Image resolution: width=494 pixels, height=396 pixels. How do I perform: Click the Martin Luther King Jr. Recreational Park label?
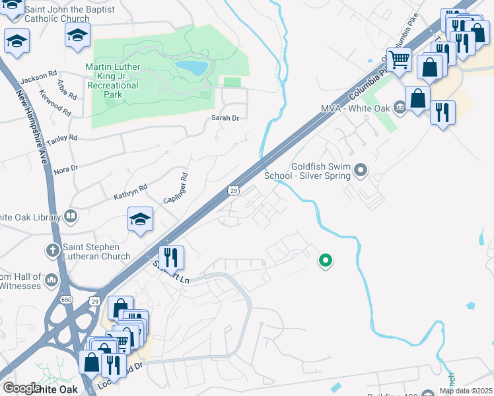(112, 81)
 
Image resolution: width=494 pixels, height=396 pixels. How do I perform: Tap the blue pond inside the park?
(191, 68)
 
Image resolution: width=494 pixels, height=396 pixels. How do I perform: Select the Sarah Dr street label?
(225, 118)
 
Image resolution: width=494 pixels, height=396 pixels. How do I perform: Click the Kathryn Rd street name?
(129, 191)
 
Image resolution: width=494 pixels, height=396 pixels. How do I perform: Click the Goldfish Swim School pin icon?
(361, 171)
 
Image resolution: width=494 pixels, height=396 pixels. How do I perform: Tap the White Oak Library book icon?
(70, 216)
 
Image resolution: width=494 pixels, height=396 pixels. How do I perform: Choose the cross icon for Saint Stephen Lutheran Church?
(53, 251)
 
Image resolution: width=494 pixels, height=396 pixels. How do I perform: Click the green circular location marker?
(325, 261)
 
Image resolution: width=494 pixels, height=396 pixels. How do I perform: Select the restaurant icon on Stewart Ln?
(171, 257)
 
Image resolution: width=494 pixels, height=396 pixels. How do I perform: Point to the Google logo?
(22, 388)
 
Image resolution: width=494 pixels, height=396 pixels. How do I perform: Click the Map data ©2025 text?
(466, 391)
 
